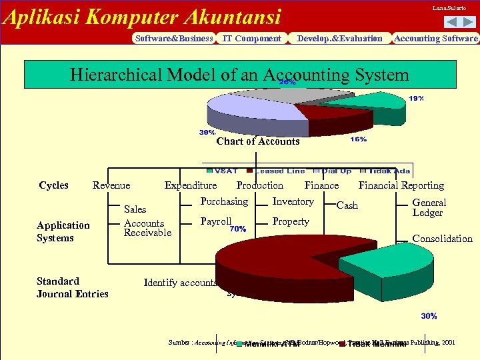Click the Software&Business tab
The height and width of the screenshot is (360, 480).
coord(173,39)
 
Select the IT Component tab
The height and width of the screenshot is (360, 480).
coord(251,39)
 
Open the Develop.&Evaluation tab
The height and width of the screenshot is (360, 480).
coord(339,39)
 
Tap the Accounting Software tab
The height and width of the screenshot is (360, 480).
coord(436,39)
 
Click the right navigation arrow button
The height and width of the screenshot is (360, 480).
coord(467,21)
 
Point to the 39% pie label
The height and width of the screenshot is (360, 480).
coord(207,132)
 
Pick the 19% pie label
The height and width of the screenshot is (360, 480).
coord(416,98)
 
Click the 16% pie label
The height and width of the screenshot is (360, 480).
coord(359,139)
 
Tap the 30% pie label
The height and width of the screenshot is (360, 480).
coord(428,315)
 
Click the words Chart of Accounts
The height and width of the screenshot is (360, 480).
coord(258,141)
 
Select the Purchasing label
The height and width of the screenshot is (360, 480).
coord(224,201)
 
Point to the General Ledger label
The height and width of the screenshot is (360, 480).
coord(429,207)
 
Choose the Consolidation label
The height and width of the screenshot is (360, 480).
coord(442,239)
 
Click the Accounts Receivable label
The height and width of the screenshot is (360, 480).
coord(147,228)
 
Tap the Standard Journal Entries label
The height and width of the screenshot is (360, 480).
coord(72,287)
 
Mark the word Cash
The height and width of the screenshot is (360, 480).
coord(347,205)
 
